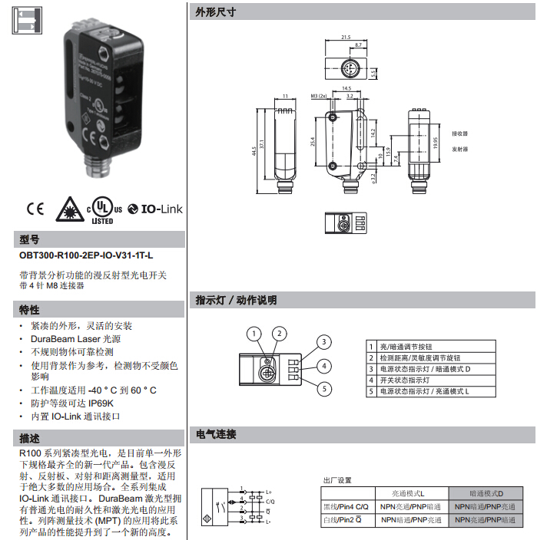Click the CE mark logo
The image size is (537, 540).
[x=36, y=208]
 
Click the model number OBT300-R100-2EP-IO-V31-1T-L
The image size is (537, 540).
[x=86, y=255]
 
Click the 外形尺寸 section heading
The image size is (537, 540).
[x=215, y=12]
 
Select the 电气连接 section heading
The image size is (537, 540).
[x=216, y=434]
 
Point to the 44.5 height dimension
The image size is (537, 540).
[x=253, y=150]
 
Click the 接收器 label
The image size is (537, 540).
[x=460, y=133]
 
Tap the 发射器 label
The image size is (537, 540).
[x=460, y=149]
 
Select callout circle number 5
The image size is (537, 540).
[x=325, y=390]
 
